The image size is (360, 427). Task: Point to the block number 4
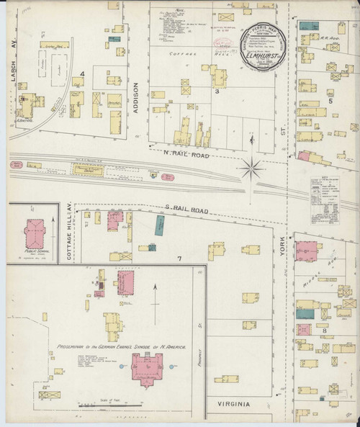point(84,73)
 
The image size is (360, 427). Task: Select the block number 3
point(216,91)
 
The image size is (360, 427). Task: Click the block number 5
point(331,102)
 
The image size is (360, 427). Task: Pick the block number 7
point(179,257)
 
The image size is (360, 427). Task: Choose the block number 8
point(325,331)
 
